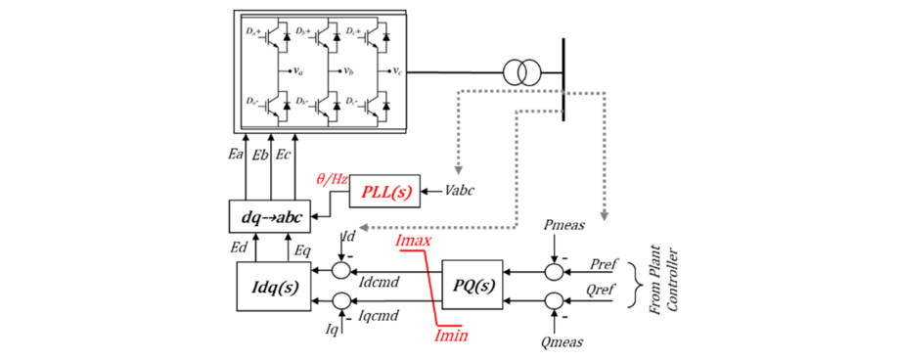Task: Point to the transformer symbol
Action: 521,72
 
